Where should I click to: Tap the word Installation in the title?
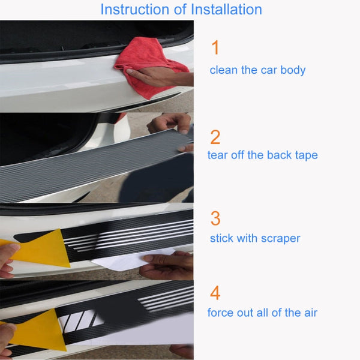(224, 10)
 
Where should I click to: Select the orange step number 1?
(215, 49)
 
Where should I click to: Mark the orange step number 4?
(215, 293)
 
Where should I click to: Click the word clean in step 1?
(223, 70)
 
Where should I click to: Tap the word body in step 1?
(292, 70)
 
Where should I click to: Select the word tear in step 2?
(218, 155)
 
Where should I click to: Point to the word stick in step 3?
(221, 239)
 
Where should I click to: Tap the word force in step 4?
(221, 313)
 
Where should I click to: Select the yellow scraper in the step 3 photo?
(42, 249)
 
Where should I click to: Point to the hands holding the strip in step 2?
(171, 125)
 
